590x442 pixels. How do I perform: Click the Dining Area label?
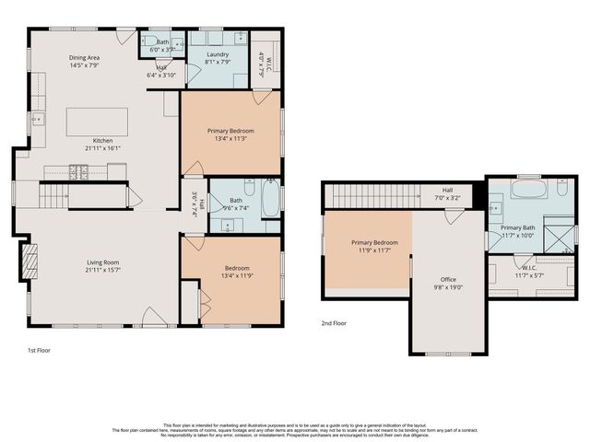(x=84, y=58)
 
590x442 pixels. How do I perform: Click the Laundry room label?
(x=218, y=54)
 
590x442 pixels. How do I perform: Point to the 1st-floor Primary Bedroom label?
(x=230, y=131)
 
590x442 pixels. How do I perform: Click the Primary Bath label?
(x=518, y=227)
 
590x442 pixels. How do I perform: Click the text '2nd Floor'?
(x=334, y=323)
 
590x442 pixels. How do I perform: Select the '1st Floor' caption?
(x=40, y=351)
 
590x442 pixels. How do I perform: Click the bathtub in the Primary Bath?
(x=530, y=191)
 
